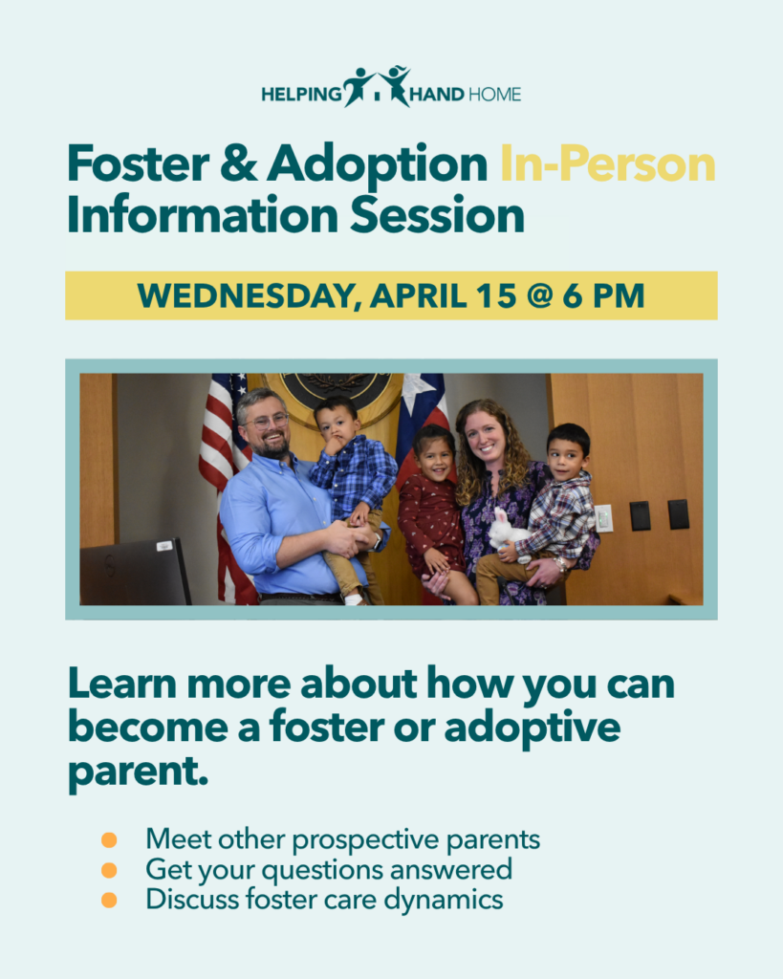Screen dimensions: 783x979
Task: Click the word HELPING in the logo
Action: click(x=301, y=95)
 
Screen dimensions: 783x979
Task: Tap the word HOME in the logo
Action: click(x=494, y=95)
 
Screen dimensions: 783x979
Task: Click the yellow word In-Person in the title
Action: click(x=607, y=164)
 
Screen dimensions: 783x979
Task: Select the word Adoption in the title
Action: click(x=377, y=164)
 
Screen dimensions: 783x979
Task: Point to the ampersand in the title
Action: click(x=238, y=163)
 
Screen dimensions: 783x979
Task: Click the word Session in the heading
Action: click(x=437, y=215)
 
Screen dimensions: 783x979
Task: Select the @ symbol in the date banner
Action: click(x=540, y=296)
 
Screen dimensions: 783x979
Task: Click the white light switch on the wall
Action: click(x=604, y=518)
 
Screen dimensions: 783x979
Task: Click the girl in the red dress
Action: click(x=431, y=512)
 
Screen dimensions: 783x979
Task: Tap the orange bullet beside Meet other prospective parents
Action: click(x=109, y=839)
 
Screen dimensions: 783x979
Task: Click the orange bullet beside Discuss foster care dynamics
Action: click(x=109, y=900)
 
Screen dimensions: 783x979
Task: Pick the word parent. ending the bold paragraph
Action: click(x=138, y=772)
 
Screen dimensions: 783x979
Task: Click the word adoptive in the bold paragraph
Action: click(x=533, y=728)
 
